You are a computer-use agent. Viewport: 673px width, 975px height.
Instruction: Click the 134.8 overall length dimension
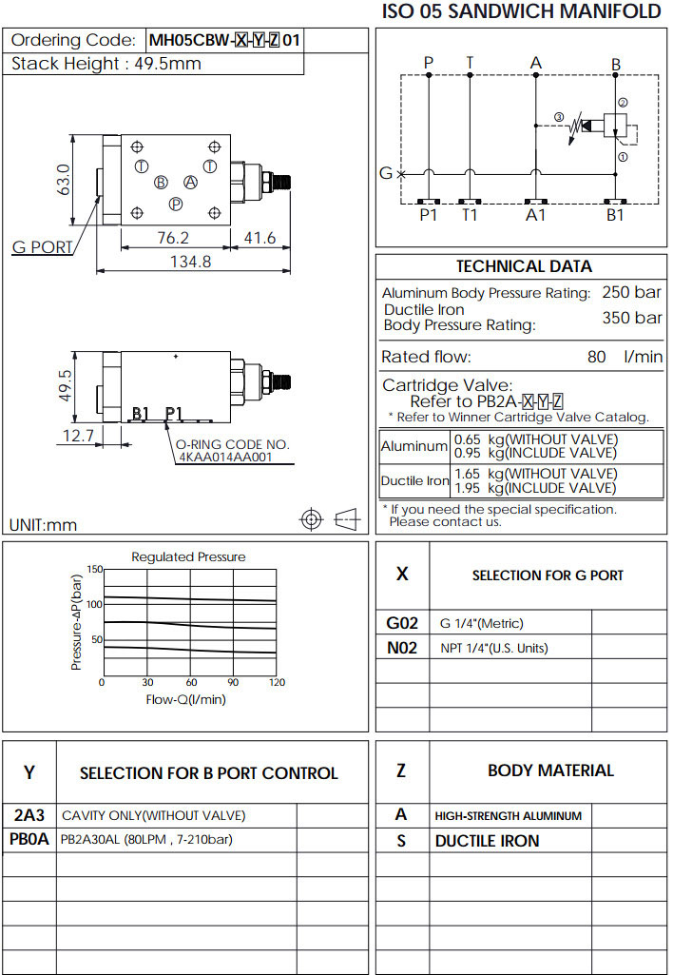(190, 263)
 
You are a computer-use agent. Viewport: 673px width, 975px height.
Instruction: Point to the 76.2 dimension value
(172, 238)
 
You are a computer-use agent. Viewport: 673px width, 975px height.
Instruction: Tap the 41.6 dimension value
(260, 238)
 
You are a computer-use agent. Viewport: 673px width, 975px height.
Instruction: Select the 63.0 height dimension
(64, 180)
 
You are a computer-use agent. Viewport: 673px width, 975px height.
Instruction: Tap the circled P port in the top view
(176, 204)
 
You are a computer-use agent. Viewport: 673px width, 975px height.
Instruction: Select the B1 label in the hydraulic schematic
(616, 215)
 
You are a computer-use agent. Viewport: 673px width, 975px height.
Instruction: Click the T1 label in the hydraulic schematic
(470, 215)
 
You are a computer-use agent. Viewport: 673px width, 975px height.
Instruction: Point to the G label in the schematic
(386, 173)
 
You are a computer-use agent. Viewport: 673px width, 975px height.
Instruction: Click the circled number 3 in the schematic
(559, 117)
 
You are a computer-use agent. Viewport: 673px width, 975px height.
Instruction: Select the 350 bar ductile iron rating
(632, 318)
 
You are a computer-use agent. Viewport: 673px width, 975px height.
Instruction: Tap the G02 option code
(402, 623)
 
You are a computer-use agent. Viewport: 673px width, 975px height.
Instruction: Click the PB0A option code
(29, 839)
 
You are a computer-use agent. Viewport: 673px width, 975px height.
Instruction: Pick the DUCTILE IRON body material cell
(487, 841)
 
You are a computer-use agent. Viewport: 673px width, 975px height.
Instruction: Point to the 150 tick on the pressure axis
(94, 569)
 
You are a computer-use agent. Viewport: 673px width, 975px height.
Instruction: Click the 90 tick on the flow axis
(233, 683)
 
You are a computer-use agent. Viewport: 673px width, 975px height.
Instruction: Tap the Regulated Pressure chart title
(188, 556)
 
